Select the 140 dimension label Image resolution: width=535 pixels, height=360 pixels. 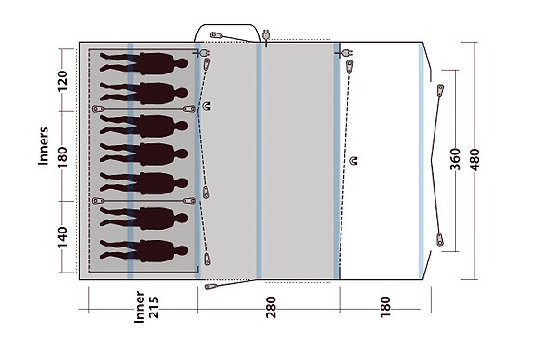click(x=63, y=234)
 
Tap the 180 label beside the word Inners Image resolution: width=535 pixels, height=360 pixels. click(x=63, y=155)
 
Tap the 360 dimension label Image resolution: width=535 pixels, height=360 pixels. click(x=455, y=160)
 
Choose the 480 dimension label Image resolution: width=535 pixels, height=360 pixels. click(x=476, y=160)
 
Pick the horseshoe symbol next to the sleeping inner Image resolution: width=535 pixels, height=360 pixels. click(x=207, y=105)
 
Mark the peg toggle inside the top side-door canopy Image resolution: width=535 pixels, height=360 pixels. click(x=216, y=37)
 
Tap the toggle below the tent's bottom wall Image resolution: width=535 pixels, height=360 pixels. click(x=211, y=286)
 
